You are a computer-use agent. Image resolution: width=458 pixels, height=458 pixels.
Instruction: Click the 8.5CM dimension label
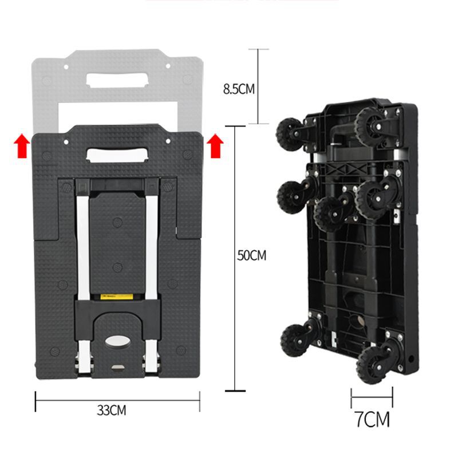click(239, 89)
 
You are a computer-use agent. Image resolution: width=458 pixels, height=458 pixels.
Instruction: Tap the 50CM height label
click(251, 255)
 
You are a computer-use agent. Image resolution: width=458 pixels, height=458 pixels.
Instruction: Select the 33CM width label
click(112, 410)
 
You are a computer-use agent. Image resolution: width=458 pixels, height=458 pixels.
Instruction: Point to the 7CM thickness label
click(373, 420)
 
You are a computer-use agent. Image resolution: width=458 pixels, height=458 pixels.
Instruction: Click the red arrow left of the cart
click(22, 146)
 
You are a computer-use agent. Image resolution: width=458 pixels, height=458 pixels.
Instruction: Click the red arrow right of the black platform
click(215, 146)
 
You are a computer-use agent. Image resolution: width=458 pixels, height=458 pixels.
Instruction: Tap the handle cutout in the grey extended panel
click(117, 80)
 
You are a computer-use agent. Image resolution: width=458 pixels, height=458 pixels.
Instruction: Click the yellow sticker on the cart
click(117, 297)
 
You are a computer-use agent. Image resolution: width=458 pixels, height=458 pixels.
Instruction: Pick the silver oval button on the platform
click(118, 341)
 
